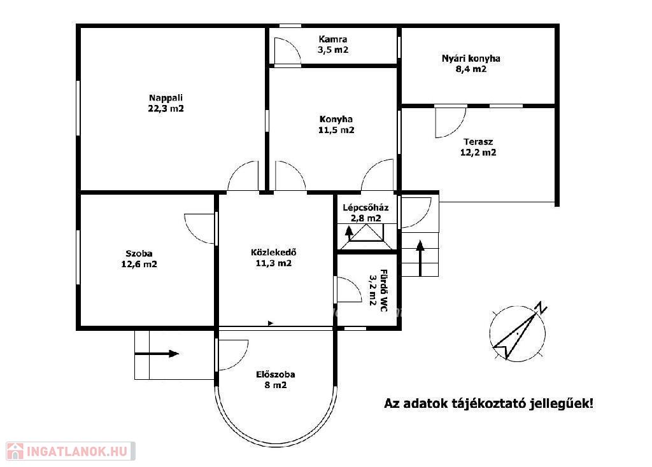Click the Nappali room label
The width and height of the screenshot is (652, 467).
pyautogui.click(x=166, y=104)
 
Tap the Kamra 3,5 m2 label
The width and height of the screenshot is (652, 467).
pyautogui.click(x=333, y=45)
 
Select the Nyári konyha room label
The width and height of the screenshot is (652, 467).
pyautogui.click(x=471, y=64)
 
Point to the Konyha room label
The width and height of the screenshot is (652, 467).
pyautogui.click(x=336, y=125)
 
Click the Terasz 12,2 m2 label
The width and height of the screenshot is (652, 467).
pyautogui.click(x=478, y=147)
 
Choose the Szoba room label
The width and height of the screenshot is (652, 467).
pyautogui.click(x=139, y=259)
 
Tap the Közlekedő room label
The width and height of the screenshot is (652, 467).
pyautogui.click(x=274, y=258)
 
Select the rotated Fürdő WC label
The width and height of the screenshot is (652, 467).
pyautogui.click(x=378, y=288)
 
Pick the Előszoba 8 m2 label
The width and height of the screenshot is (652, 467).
pyautogui.click(x=275, y=380)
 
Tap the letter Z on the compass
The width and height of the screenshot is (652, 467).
pyautogui.click(x=541, y=308)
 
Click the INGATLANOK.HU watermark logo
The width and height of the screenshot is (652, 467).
pyautogui.click(x=70, y=451)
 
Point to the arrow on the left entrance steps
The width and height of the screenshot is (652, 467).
pyautogui.click(x=157, y=354)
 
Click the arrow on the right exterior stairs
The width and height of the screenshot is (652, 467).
pyautogui.click(x=420, y=258)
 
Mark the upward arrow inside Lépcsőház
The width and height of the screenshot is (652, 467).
pyautogui.click(x=349, y=234)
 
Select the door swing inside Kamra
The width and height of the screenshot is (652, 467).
pyautogui.click(x=287, y=51)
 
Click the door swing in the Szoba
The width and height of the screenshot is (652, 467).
pyautogui.click(x=199, y=228)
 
